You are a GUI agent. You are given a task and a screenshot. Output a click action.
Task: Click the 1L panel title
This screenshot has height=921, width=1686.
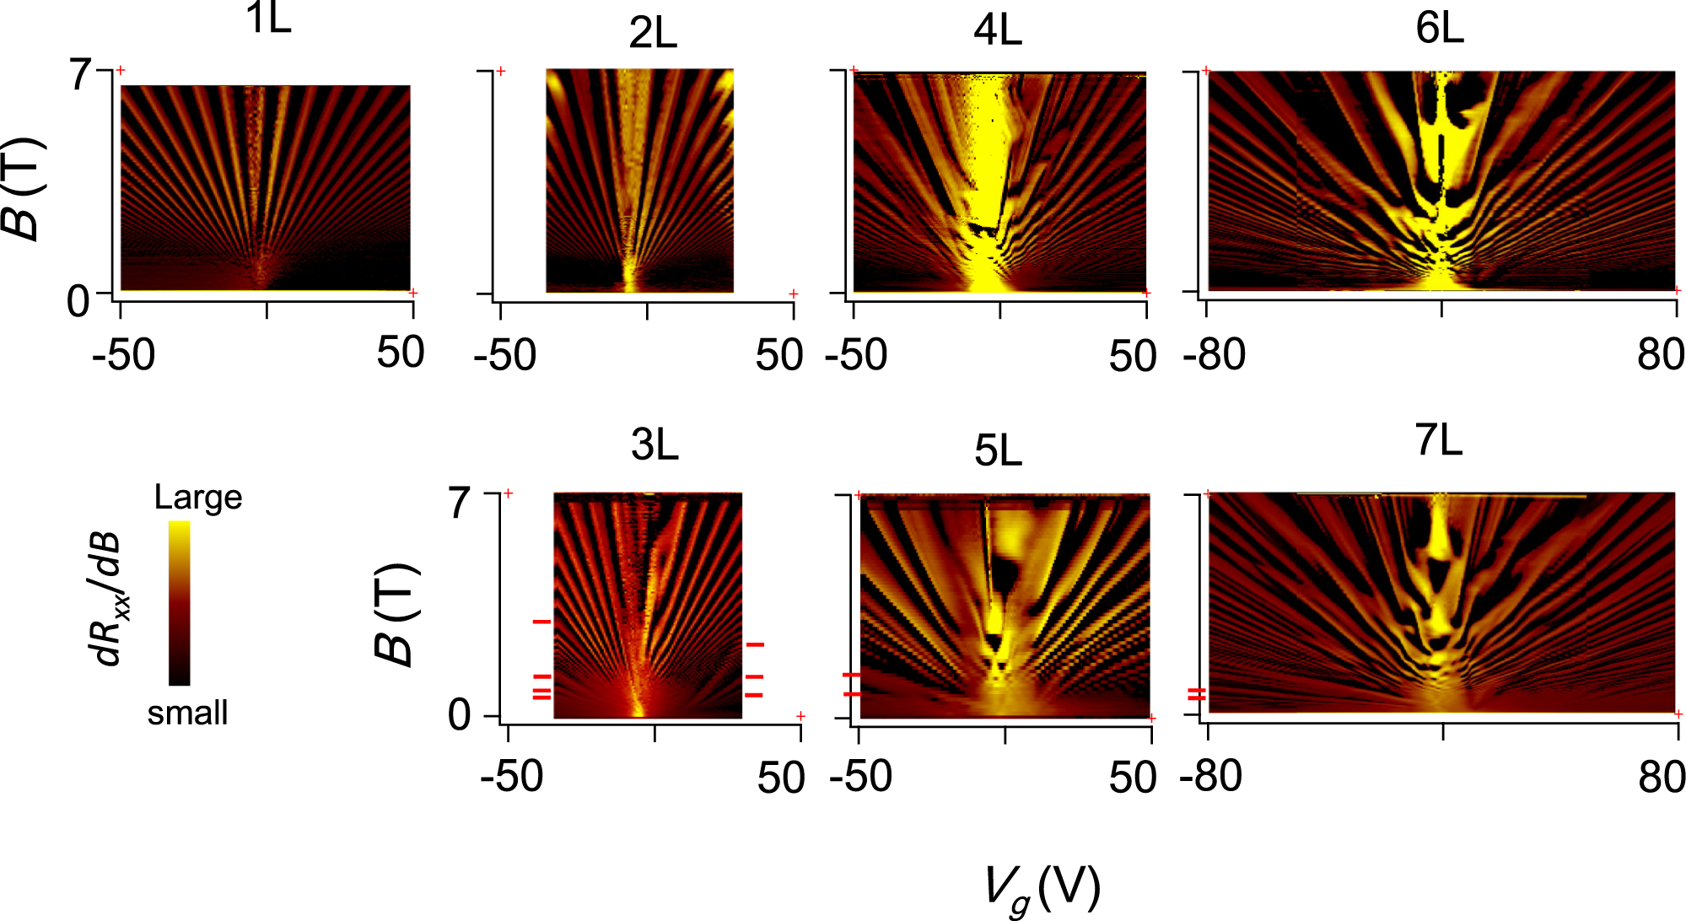268,19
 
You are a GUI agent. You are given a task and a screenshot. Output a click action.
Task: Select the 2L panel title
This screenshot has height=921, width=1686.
653,34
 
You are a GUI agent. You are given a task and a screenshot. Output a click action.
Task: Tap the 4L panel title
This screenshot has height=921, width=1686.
998,31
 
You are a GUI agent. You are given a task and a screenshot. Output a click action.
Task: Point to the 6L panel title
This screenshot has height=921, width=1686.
1439,29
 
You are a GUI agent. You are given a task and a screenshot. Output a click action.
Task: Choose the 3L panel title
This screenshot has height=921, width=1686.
654,444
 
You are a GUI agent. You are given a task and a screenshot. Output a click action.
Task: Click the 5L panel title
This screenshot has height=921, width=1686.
998,450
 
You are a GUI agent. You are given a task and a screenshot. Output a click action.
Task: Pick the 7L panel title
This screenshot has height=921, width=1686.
1438,440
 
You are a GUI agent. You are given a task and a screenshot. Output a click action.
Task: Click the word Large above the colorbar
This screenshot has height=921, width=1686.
198,498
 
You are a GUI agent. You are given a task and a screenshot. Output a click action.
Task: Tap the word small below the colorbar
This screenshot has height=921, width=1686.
187,714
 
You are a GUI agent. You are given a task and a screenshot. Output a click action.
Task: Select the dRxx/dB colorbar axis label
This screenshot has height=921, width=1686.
108,599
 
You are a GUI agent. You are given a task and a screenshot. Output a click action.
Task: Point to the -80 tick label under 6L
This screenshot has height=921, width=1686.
1214,355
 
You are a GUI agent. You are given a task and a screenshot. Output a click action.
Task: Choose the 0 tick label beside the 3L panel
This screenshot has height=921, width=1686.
460,716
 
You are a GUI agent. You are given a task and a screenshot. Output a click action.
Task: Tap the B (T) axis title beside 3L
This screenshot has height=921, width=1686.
396,613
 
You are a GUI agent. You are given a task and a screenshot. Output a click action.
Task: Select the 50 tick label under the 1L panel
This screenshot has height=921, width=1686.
400,353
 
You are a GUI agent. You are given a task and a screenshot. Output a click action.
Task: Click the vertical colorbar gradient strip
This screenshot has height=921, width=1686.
179,602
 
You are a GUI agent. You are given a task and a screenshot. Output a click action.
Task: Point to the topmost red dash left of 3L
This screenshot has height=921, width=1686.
541,622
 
